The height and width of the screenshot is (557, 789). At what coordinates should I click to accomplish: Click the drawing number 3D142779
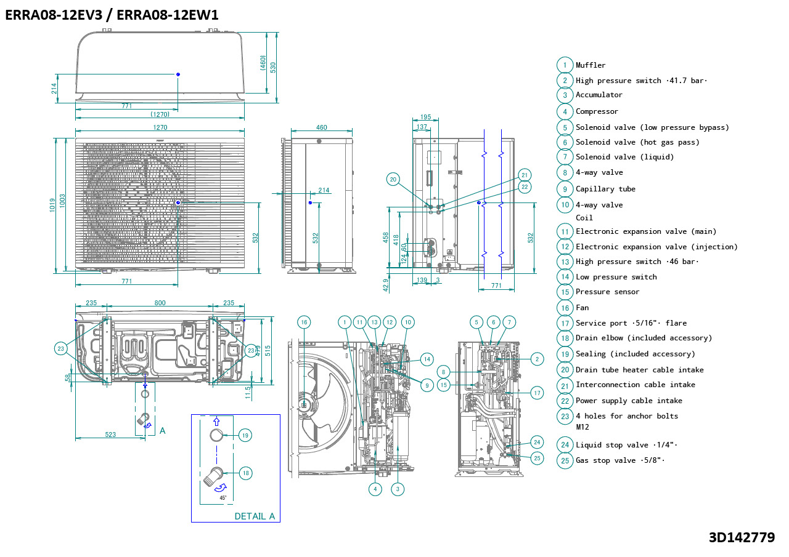coord(742,537)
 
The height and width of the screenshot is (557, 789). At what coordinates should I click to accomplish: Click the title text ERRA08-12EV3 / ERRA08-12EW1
coord(112,15)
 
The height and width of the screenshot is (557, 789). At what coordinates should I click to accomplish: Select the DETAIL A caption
coord(255,516)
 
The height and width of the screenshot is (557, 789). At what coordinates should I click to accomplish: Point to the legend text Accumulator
coord(599,95)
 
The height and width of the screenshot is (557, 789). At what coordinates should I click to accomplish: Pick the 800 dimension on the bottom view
coord(160,303)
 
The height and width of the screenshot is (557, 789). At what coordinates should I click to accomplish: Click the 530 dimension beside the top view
coord(273,66)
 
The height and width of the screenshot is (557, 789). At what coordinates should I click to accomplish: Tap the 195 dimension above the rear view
coord(425,117)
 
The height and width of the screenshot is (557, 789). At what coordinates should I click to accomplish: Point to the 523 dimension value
coord(110,435)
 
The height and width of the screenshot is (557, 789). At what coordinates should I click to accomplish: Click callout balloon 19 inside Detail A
coord(245,435)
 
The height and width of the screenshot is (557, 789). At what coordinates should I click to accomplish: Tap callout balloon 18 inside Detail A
coord(245,473)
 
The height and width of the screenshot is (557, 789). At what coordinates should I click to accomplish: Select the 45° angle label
coord(223,497)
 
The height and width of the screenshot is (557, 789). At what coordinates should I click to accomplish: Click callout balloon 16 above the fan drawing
coord(303,322)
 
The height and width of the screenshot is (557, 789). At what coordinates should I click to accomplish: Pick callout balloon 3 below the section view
coord(398,489)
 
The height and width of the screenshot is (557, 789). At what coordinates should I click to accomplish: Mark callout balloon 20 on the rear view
coord(393,180)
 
